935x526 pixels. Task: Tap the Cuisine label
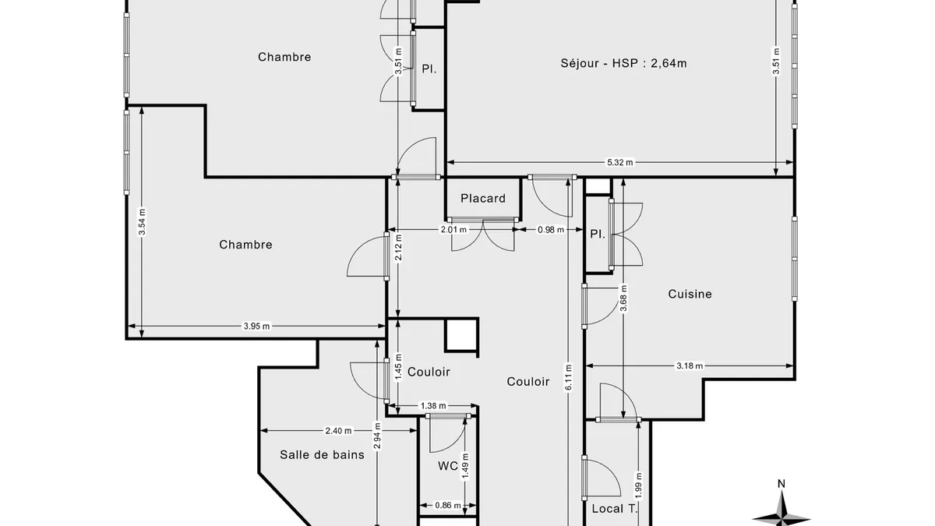click(x=690, y=294)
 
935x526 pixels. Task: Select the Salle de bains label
click(x=322, y=454)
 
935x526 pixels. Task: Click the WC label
click(x=448, y=466)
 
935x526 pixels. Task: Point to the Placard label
click(x=483, y=198)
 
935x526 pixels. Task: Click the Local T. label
click(x=615, y=508)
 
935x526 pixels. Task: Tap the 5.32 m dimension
click(x=620, y=162)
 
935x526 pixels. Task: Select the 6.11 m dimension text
click(x=569, y=377)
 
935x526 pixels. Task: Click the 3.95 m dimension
click(x=256, y=326)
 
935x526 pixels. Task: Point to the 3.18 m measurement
click(x=690, y=366)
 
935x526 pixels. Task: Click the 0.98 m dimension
click(x=551, y=230)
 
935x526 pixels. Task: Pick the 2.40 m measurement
click(x=338, y=430)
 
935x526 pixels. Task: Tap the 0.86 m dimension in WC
click(x=448, y=506)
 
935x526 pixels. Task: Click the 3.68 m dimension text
click(x=623, y=298)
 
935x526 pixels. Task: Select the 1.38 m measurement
click(x=433, y=405)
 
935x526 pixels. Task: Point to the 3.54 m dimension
click(x=142, y=221)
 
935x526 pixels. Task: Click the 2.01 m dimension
click(x=453, y=230)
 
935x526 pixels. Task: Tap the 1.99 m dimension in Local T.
click(x=638, y=485)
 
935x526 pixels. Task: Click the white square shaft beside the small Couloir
click(x=461, y=334)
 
